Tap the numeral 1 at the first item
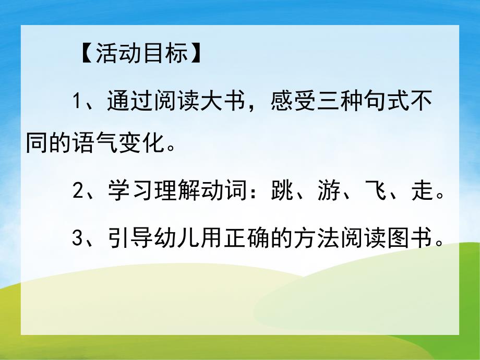coord(78,100)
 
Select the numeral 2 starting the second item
coord(78,191)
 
